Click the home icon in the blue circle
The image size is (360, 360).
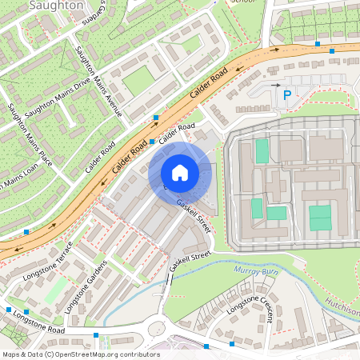point(180,173)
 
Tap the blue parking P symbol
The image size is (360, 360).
point(286,97)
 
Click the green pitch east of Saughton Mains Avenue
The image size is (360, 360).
point(138,79)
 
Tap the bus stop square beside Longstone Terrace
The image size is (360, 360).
point(27,231)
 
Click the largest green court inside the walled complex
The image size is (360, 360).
point(320,217)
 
